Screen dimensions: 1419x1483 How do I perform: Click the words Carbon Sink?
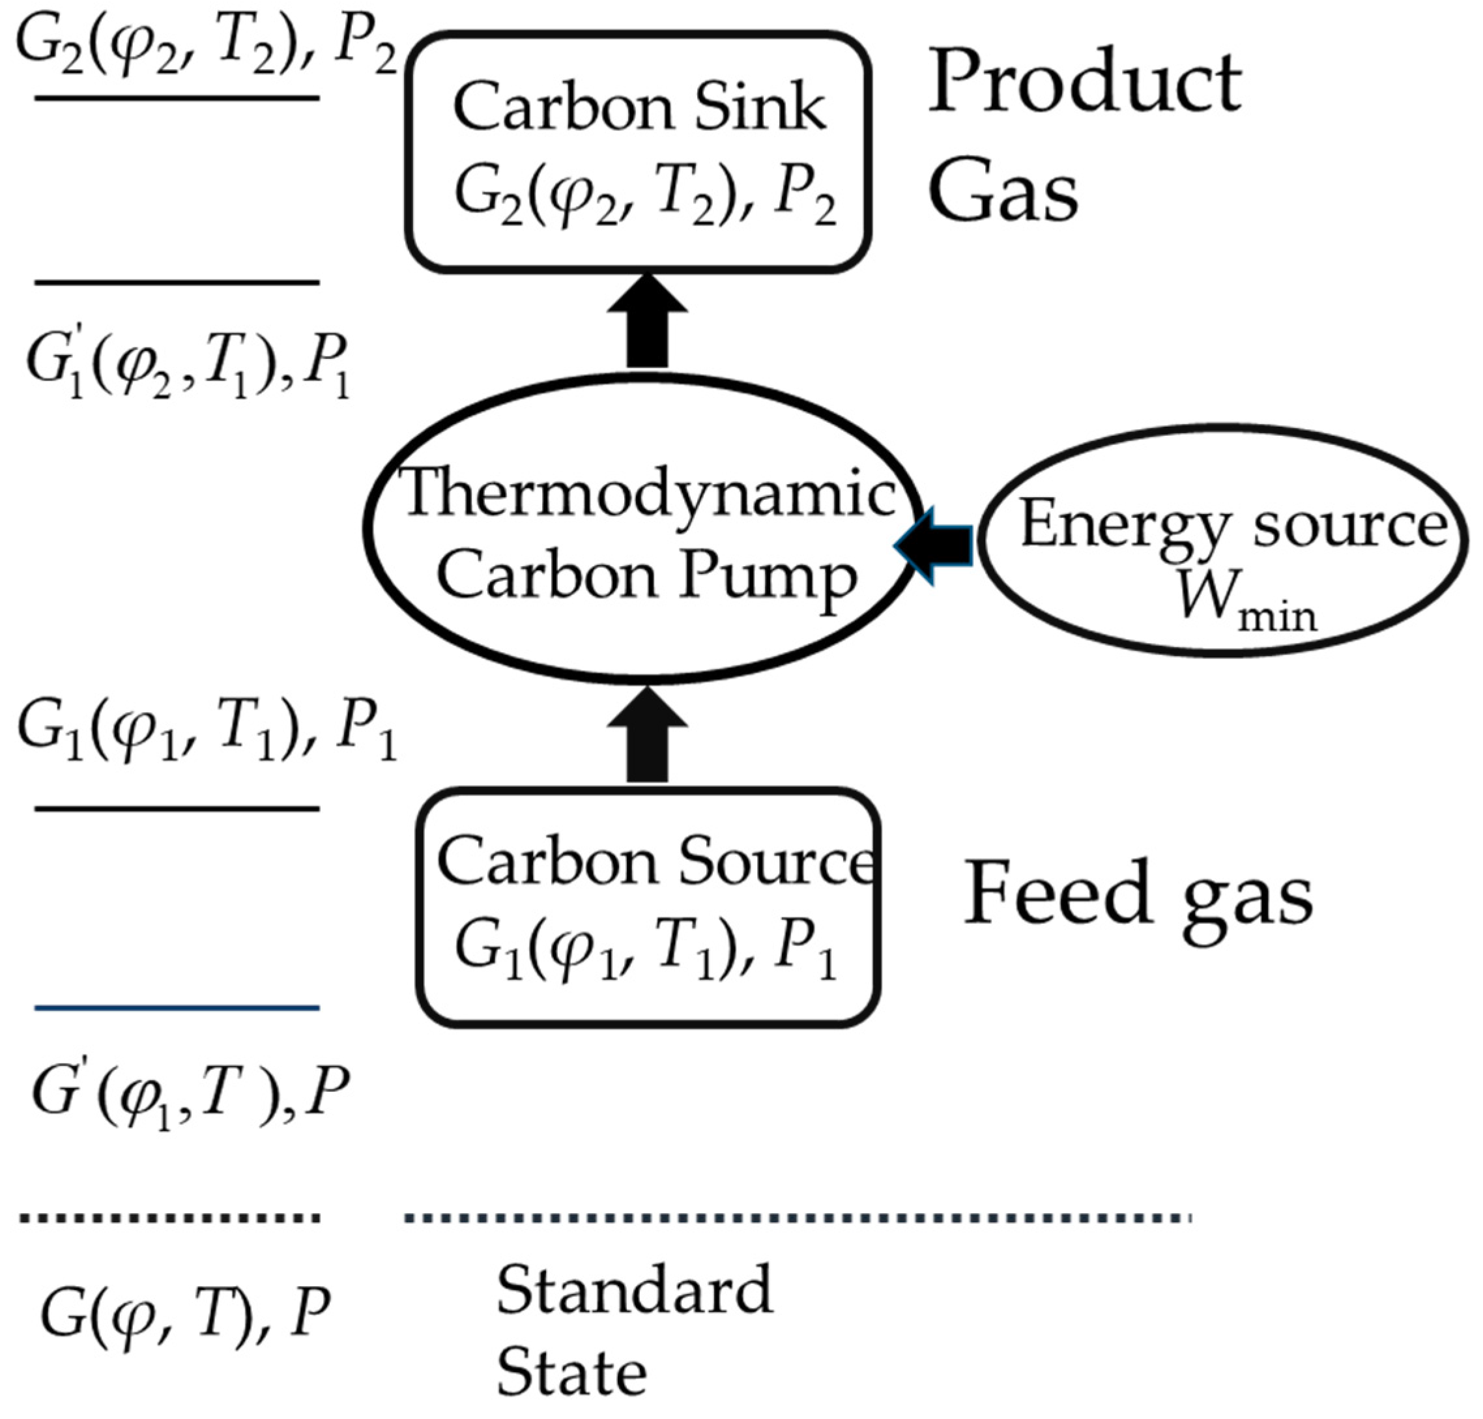click(x=639, y=108)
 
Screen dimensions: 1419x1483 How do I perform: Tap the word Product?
click(x=1084, y=84)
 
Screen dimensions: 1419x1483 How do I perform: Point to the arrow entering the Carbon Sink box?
click(x=647, y=321)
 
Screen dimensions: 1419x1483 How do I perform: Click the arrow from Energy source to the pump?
click(x=935, y=545)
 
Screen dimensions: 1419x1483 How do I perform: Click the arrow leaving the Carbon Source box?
click(x=647, y=734)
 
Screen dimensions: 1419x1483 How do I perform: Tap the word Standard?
click(x=634, y=1289)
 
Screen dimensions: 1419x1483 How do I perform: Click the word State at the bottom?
click(x=571, y=1371)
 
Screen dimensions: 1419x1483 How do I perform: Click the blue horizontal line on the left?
click(x=177, y=1007)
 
